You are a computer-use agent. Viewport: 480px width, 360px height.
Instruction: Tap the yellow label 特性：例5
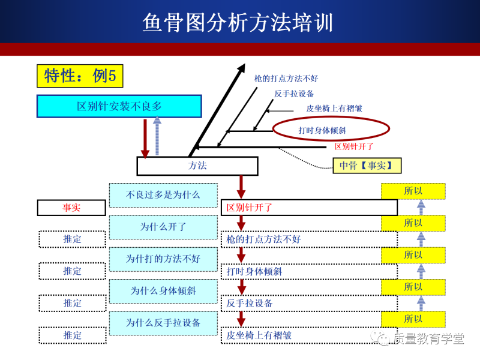click(x=80, y=76)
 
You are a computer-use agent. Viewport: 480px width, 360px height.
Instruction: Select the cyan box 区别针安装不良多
click(x=119, y=106)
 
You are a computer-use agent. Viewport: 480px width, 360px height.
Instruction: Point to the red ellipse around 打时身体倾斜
click(x=331, y=130)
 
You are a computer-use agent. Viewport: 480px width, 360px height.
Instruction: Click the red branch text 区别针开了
click(x=354, y=146)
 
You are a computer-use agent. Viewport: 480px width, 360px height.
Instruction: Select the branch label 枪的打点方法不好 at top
click(x=286, y=79)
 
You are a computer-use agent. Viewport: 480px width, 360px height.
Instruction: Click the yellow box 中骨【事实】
click(x=367, y=166)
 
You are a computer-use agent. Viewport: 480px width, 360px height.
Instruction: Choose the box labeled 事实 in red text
click(x=72, y=208)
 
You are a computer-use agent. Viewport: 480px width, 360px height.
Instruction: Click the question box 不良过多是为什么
click(x=163, y=195)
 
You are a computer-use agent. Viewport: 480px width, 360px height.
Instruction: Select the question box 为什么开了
click(x=163, y=227)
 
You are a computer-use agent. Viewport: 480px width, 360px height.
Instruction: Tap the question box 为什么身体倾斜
click(x=163, y=291)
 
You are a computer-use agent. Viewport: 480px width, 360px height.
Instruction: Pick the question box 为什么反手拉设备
click(x=163, y=323)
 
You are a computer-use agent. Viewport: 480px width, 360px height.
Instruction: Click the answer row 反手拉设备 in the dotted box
click(x=308, y=303)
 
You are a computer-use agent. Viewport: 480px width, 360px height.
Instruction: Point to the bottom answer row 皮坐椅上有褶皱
click(x=308, y=335)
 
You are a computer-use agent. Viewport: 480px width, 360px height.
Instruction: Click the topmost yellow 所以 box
click(x=413, y=191)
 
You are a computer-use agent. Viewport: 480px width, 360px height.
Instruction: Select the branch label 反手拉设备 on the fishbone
click(x=294, y=94)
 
